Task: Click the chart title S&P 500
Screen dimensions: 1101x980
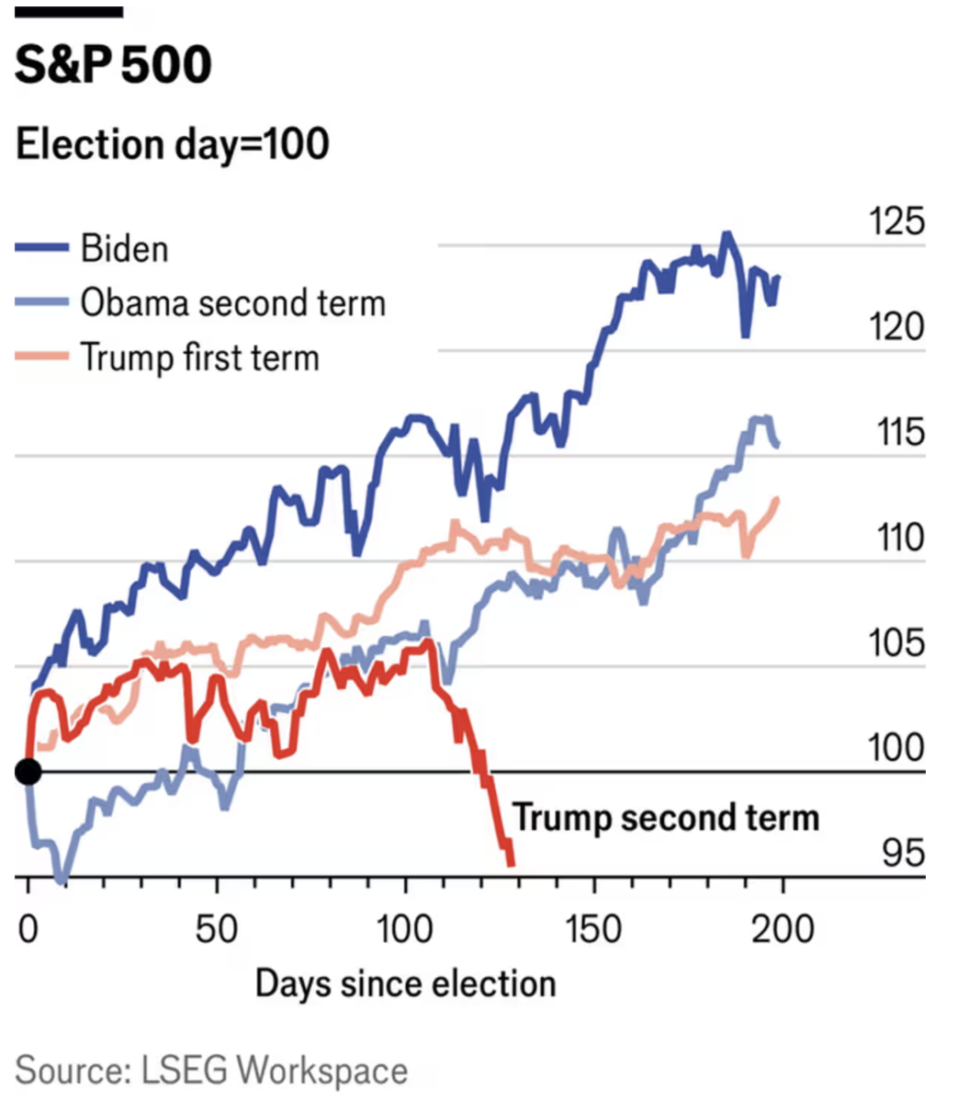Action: [x=113, y=64]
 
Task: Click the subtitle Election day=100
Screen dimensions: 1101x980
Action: [x=173, y=144]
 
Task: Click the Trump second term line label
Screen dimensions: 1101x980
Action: [x=666, y=817]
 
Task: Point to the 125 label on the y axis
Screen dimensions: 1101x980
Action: [x=896, y=222]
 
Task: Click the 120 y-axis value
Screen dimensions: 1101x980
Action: [x=896, y=327]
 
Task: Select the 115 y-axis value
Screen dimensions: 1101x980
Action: [x=898, y=432]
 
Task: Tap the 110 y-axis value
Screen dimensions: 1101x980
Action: [x=898, y=538]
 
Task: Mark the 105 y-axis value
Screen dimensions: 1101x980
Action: [x=896, y=642]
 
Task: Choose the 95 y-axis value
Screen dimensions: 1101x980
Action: [x=903, y=853]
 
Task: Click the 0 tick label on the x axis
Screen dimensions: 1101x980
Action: [x=28, y=929]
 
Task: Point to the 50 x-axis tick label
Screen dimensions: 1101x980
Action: [x=217, y=929]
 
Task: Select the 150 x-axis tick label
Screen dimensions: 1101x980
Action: [x=593, y=929]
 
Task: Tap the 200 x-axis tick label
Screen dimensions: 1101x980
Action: [x=783, y=929]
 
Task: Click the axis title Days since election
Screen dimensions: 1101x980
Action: [x=405, y=983]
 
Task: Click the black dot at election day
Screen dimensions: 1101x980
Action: [x=28, y=771]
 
